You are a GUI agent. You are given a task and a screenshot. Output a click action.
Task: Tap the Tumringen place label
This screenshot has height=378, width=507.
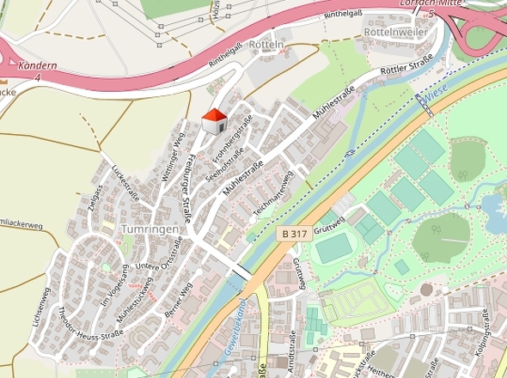pos(150,230)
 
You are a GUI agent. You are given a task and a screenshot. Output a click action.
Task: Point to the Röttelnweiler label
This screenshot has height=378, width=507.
pos(396,31)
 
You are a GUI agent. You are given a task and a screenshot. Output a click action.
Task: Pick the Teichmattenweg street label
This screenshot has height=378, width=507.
pos(274,193)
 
